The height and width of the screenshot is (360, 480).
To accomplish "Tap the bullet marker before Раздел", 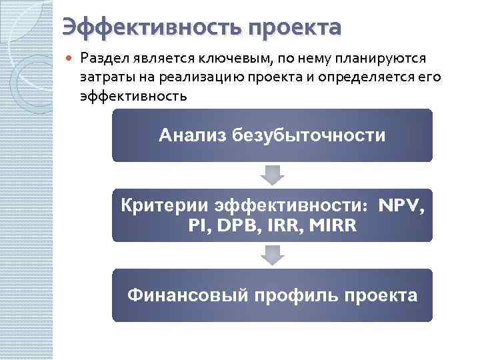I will click(x=70, y=60).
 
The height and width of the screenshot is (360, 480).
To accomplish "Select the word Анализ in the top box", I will click(x=193, y=136).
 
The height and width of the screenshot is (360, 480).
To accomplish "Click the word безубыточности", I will click(x=309, y=136).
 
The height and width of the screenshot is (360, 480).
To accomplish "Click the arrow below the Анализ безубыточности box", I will click(x=272, y=175).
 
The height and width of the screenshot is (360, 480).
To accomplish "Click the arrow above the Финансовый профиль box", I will click(x=272, y=255).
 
